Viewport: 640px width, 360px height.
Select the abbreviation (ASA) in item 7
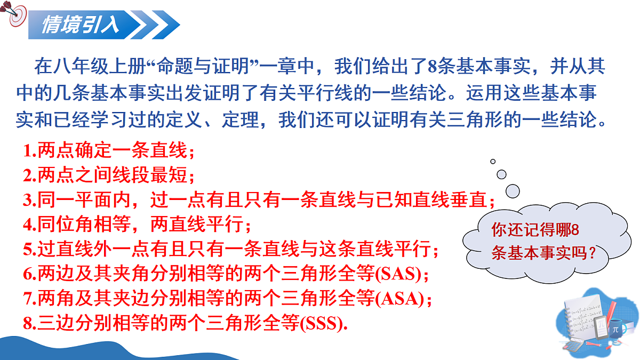click(403, 299)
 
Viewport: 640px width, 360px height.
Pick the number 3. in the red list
click(29, 201)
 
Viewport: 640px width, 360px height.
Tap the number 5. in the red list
click(29, 250)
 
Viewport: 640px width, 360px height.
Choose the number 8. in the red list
click(29, 324)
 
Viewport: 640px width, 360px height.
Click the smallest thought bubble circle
click(493, 161)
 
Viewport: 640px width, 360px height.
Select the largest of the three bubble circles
click(513, 190)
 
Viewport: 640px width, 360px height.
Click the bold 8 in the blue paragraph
click(433, 68)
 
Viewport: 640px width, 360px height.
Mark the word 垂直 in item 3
click(475, 201)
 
